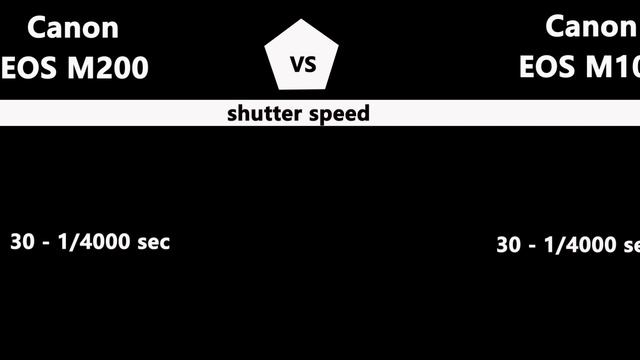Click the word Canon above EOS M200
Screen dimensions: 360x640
tap(72, 27)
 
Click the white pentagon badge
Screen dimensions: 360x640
tap(302, 58)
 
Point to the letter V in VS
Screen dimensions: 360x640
tap(295, 65)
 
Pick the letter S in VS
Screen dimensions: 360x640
tap(310, 65)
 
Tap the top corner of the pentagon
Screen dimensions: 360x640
tap(302, 20)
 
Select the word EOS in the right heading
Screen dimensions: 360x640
tap(548, 67)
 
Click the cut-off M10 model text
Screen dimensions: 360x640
tap(612, 67)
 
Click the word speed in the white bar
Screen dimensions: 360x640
tap(338, 113)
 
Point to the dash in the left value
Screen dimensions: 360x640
tap(45, 243)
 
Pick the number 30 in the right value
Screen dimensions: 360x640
tap(508, 245)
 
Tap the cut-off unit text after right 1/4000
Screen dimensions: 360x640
tap(632, 246)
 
